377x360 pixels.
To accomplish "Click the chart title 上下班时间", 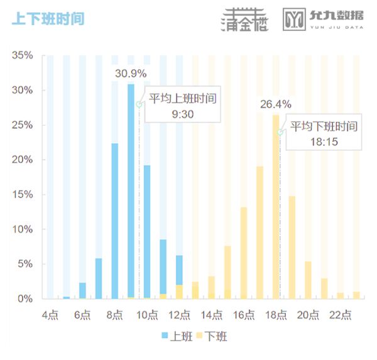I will coord(48,19).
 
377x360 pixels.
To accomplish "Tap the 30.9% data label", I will coord(131,74).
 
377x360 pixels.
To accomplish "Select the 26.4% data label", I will coord(276,104).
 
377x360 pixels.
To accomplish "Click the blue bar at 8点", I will coord(115,220).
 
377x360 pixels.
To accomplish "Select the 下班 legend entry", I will coord(210,336).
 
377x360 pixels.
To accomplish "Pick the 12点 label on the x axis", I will coord(179,314).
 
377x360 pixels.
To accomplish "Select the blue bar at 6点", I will coord(82,290).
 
